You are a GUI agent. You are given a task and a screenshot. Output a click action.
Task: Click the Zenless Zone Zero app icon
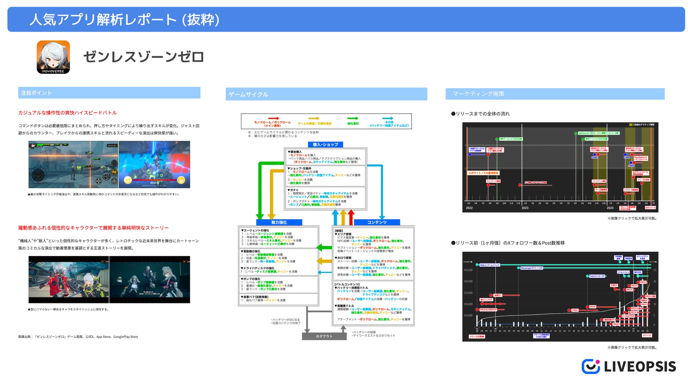[53, 57]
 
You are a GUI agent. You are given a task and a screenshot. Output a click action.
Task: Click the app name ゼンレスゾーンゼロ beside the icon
[143, 57]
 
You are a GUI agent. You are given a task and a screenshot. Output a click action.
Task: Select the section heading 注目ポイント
[36, 93]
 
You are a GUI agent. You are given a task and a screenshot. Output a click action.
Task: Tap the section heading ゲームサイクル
[248, 94]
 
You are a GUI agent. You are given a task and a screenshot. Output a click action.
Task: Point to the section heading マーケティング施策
[478, 94]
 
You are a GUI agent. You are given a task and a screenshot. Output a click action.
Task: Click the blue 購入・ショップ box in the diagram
[325, 145]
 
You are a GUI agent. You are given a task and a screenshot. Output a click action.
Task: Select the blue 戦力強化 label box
[279, 222]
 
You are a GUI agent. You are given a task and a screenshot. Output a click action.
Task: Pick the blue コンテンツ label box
[377, 222]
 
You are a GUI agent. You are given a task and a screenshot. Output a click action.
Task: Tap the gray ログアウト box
[324, 336]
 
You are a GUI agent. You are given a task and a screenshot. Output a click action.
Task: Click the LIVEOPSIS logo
[629, 366]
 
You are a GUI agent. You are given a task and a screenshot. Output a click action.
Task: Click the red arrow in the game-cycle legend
[273, 118]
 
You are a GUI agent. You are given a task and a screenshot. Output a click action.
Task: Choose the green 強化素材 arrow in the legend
[352, 118]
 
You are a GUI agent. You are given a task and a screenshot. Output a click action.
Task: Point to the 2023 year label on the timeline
[525, 208]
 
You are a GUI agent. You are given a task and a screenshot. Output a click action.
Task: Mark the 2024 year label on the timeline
[610, 208]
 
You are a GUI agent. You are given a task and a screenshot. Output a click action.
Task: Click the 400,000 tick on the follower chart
[468, 270]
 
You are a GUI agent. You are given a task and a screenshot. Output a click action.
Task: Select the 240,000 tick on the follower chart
[468, 316]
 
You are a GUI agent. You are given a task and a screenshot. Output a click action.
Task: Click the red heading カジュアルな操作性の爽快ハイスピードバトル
[67, 113]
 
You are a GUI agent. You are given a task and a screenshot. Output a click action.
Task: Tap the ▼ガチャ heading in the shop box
[293, 190]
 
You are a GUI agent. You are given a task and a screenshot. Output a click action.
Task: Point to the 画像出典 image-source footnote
[78, 337]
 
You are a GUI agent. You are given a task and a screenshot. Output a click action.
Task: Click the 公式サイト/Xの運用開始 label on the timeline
[483, 173]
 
